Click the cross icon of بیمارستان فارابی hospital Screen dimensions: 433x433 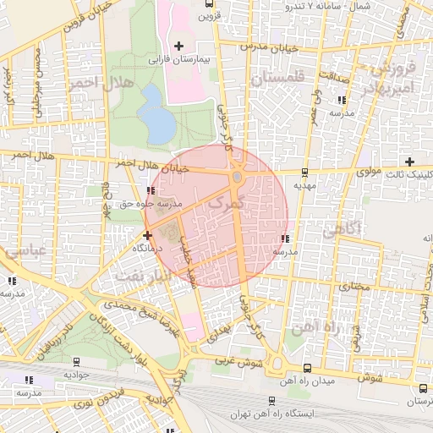tap(178, 45)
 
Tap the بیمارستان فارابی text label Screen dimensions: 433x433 tap(178, 60)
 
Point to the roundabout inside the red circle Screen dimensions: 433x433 tap(238, 178)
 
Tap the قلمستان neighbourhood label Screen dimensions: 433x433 tap(275, 79)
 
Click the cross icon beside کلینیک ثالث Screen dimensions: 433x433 tap(409, 162)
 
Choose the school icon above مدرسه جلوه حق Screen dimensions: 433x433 tap(151, 191)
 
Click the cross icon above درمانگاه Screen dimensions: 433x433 tap(148, 235)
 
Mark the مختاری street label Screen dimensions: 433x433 tap(354, 287)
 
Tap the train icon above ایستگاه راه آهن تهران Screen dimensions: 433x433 tap(271, 401)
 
